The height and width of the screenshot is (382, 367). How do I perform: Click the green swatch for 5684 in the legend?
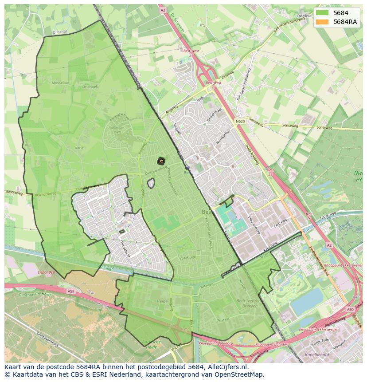pos(322,13)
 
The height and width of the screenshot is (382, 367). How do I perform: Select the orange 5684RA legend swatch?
pos(322,22)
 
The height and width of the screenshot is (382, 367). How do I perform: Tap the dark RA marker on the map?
pos(161,161)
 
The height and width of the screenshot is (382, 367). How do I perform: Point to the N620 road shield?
pos(240,121)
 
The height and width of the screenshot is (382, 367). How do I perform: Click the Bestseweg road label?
pos(14,193)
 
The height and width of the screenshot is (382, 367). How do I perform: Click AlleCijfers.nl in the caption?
pos(226,367)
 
